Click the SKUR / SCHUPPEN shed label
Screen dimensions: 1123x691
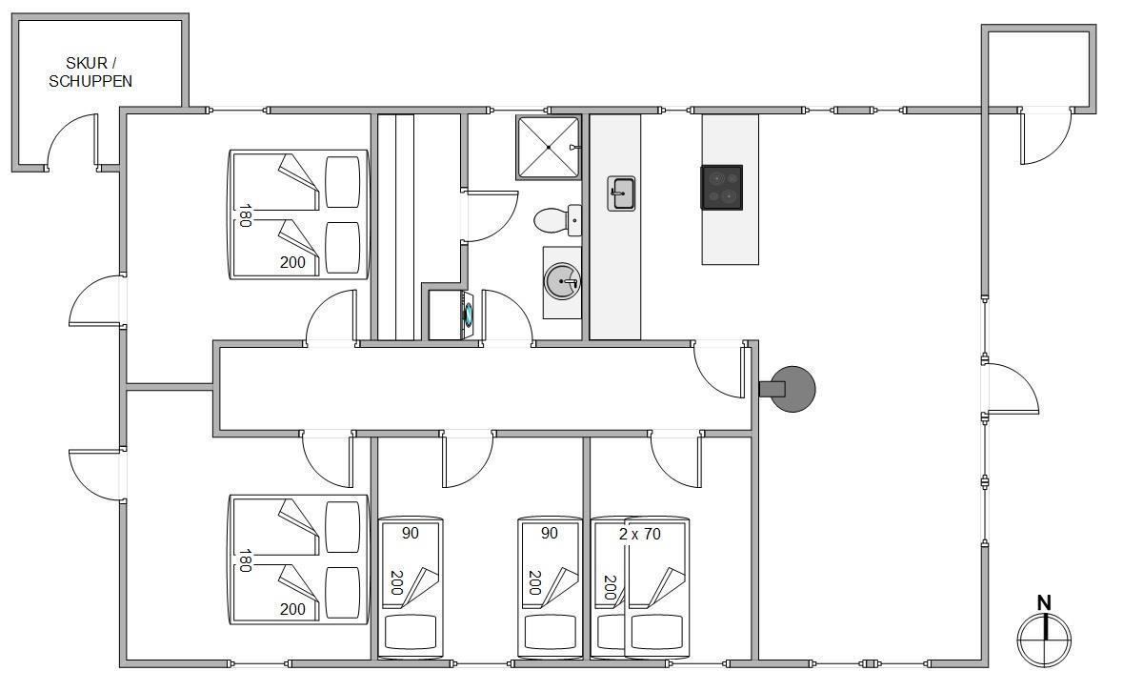tap(90, 72)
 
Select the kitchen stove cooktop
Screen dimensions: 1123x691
tap(721, 187)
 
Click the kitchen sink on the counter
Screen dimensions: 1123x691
tap(621, 193)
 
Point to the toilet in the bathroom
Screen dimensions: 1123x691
tap(558, 220)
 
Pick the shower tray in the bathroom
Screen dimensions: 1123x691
tap(548, 147)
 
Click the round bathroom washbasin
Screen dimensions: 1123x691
tap(562, 281)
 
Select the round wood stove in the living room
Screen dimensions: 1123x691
tap(792, 389)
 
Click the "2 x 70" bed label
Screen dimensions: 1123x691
tap(639, 534)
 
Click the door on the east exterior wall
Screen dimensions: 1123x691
tap(1012, 389)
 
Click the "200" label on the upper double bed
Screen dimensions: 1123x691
tap(292, 262)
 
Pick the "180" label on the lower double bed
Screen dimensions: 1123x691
tap(245, 560)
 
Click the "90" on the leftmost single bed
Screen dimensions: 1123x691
tap(411, 534)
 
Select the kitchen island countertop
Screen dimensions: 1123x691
tap(730, 190)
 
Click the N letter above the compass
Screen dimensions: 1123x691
tap(1044, 602)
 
